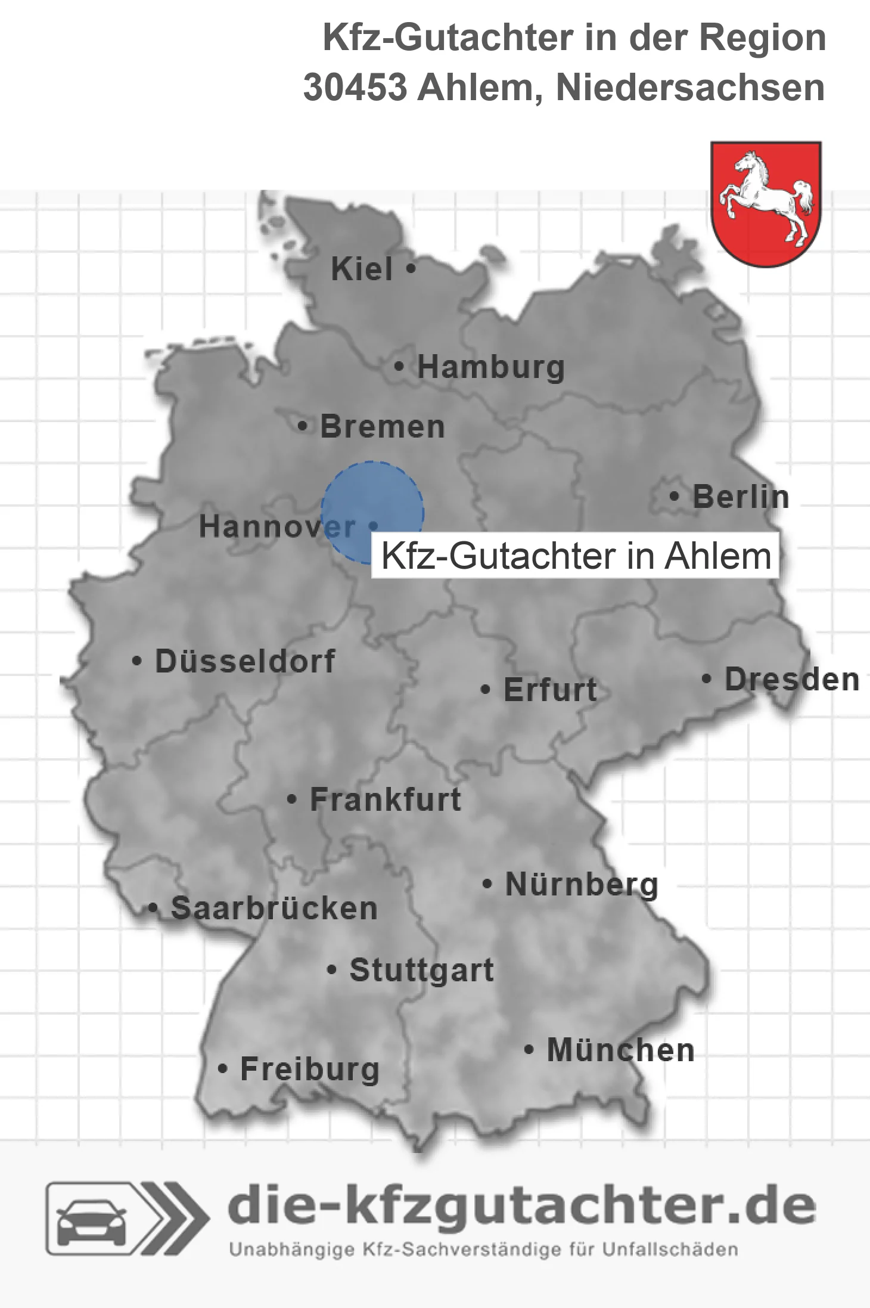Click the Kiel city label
tap(362, 269)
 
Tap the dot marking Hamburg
tap(399, 367)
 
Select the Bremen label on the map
tap(383, 427)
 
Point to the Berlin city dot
tap(674, 496)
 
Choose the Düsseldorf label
tap(245, 661)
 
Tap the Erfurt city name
tap(550, 690)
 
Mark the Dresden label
tap(792, 680)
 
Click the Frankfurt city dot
tap(291, 799)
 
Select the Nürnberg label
tap(582, 885)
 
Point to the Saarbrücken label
tap(274, 909)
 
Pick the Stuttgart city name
tap(421, 970)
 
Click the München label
tap(620, 1050)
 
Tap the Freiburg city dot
tap(222, 1069)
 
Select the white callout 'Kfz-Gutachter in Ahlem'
tap(576, 556)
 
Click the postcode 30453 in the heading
tap(355, 88)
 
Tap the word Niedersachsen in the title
tap(690, 88)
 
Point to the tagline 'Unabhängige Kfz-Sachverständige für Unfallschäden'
tap(483, 1250)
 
